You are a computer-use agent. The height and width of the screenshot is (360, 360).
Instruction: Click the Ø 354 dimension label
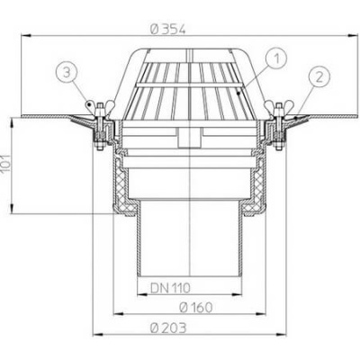[x=168, y=30]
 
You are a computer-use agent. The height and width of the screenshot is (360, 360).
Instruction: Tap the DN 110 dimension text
[x=170, y=288]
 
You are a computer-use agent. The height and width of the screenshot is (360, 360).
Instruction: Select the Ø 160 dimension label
[x=195, y=307]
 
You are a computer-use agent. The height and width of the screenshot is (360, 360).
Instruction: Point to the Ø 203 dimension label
[x=168, y=328]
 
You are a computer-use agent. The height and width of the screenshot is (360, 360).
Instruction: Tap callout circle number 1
[x=276, y=58]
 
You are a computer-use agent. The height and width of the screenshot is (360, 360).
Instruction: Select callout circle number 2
[x=319, y=78]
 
